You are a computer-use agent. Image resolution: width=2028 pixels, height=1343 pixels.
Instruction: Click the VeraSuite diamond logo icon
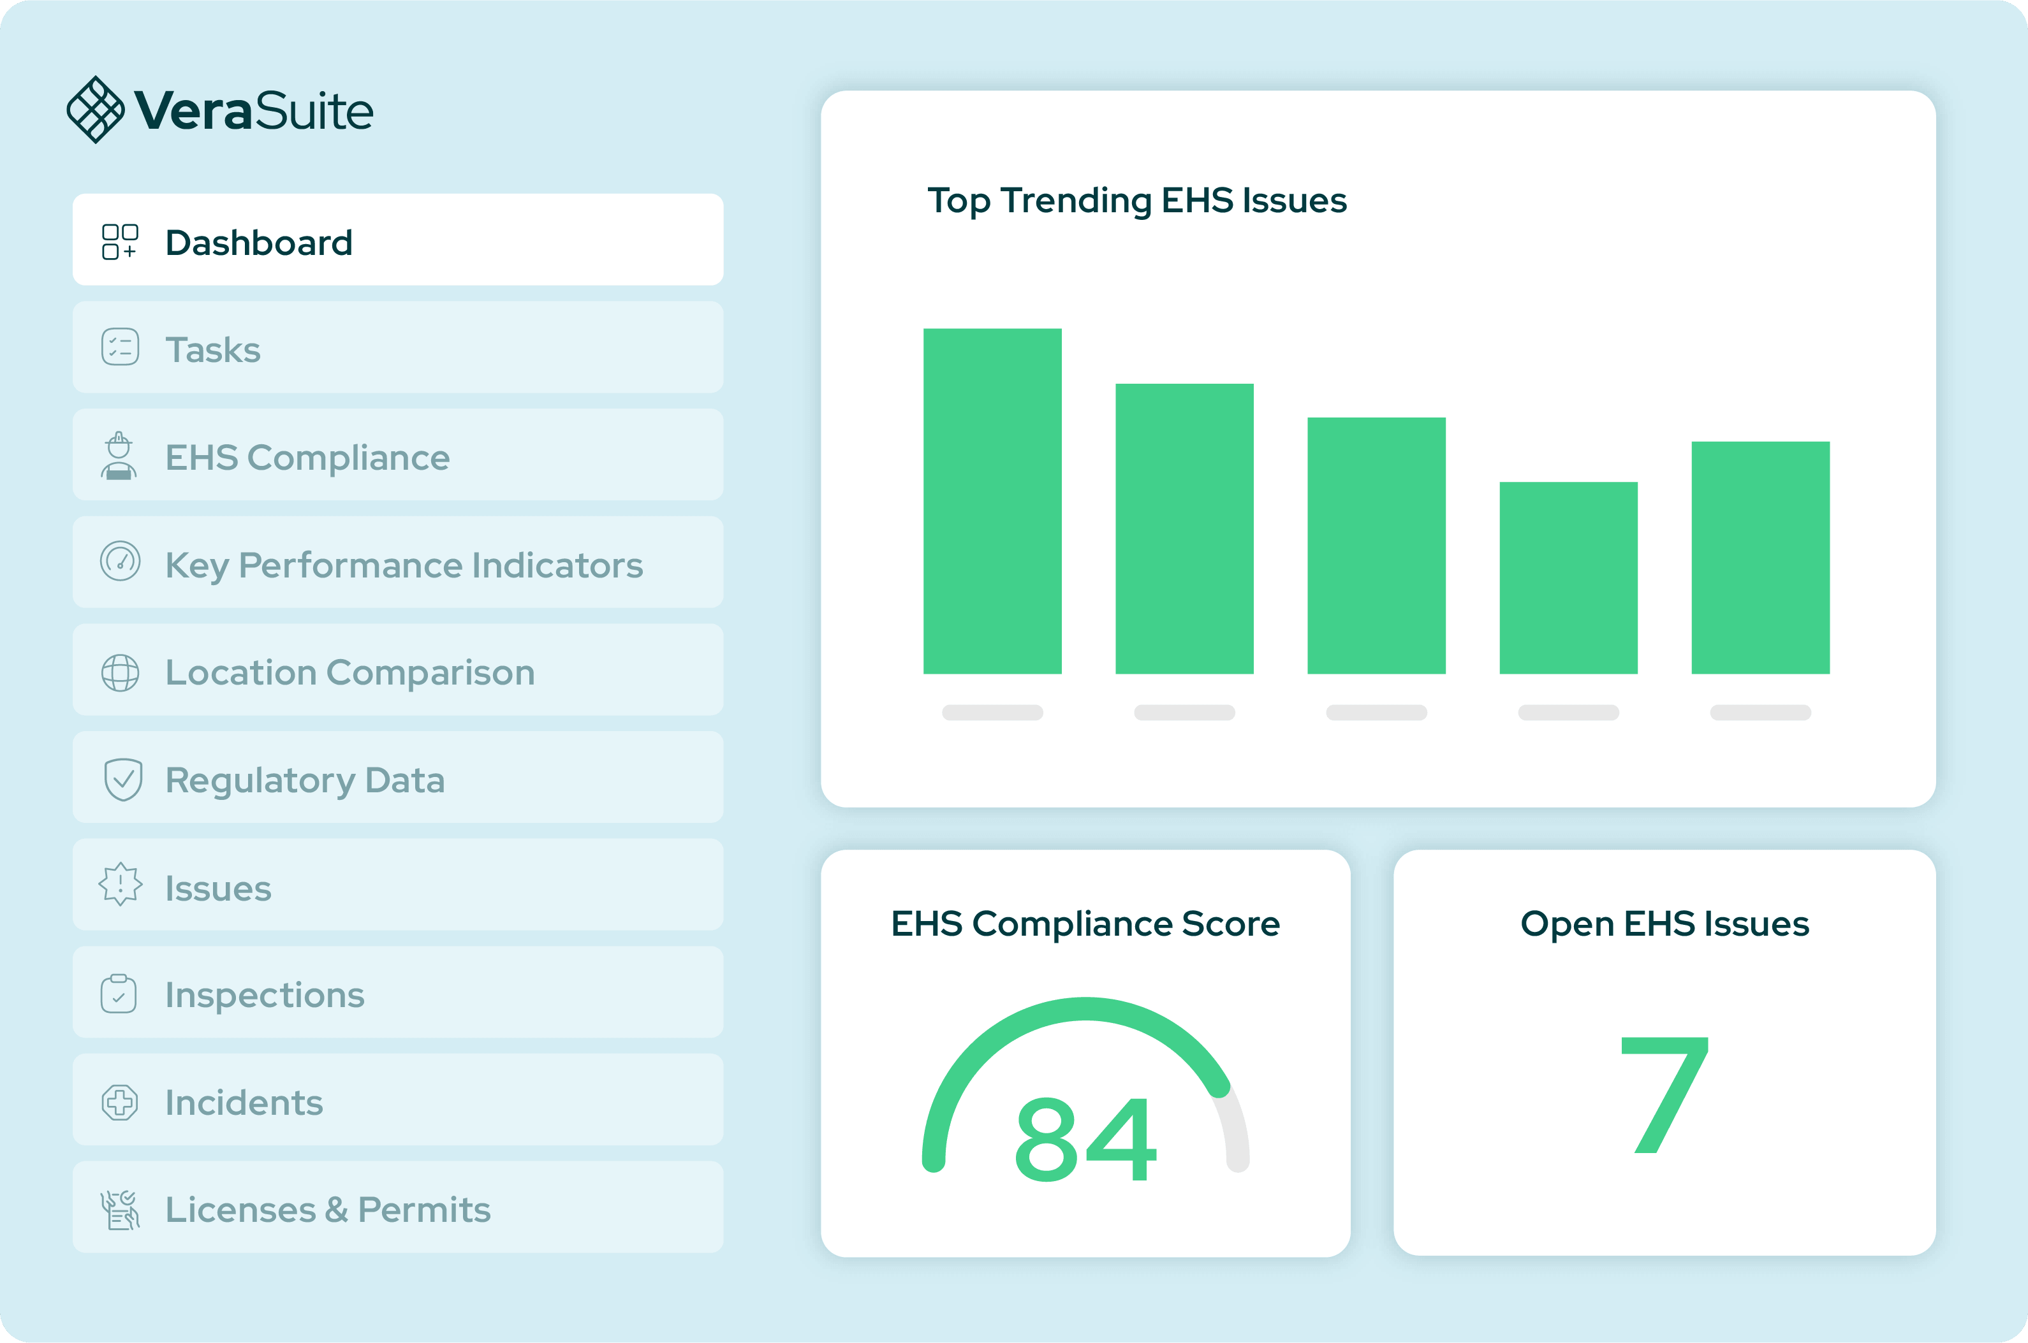coord(95,110)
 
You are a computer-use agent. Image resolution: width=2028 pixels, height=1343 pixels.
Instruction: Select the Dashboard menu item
coord(397,240)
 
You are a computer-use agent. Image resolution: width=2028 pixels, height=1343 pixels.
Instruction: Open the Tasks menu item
coord(397,347)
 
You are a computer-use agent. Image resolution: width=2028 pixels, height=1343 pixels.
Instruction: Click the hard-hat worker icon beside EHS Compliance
coord(119,456)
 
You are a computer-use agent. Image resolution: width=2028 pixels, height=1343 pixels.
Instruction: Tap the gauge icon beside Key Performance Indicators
coord(120,562)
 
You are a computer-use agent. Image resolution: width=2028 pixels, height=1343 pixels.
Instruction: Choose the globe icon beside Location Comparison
coord(120,672)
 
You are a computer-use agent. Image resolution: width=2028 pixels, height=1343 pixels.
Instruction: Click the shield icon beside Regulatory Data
coord(122,780)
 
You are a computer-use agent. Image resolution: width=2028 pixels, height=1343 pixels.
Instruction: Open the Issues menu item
coord(397,885)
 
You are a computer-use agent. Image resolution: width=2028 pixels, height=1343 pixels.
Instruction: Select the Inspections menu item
coord(397,992)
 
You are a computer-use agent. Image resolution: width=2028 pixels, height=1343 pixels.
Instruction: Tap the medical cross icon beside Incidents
coord(120,1102)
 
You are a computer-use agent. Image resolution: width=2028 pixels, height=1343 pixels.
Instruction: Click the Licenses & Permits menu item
coord(397,1207)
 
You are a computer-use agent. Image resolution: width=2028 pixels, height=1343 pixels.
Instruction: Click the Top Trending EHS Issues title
coord(1137,200)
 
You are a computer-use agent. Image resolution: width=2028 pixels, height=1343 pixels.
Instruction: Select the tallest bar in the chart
coord(992,501)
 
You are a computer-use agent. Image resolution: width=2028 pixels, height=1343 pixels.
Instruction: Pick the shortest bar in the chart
coord(1568,578)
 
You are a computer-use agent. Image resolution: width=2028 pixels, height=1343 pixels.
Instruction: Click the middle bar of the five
coord(1376,546)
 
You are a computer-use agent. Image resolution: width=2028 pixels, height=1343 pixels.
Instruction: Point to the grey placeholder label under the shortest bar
coord(1568,713)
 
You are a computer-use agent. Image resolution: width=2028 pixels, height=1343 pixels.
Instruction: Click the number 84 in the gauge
coord(1085,1138)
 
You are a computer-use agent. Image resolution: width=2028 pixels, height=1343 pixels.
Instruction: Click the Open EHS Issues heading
coord(1664,924)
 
